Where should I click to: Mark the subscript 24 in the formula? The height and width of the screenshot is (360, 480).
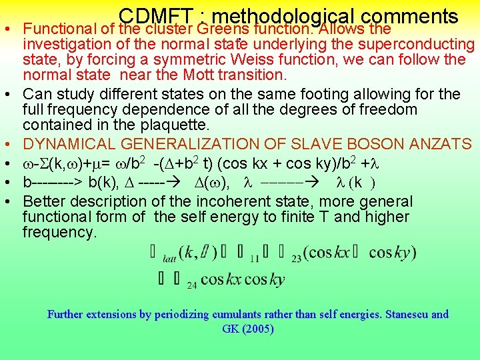click(191, 285)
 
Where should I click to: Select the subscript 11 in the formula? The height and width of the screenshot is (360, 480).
click(255, 259)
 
